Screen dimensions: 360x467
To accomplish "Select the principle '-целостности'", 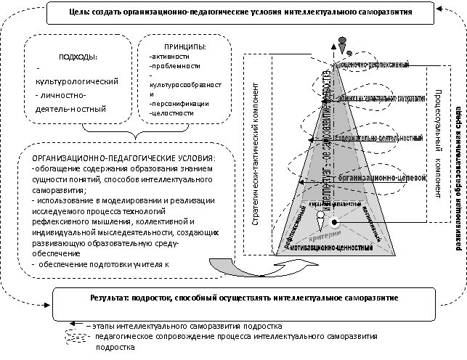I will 169,114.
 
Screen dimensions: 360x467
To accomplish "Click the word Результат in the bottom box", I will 110,298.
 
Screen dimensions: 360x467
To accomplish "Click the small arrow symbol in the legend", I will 76,324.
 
